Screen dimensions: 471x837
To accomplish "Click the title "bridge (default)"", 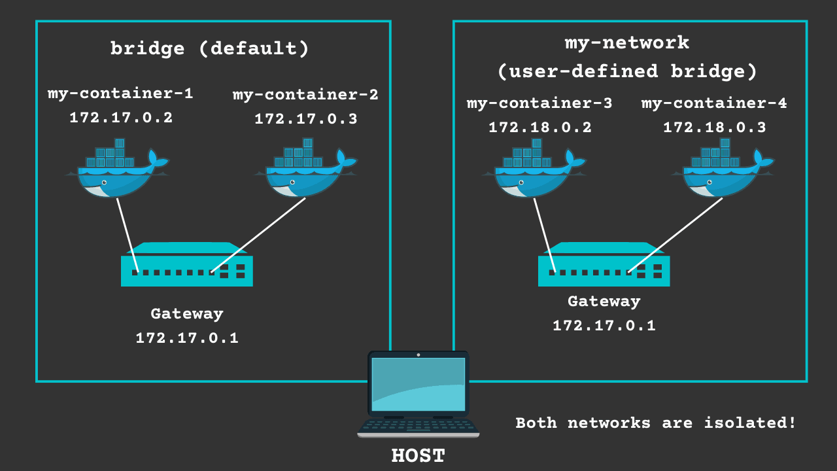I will point(209,49).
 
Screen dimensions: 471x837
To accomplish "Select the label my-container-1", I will point(120,94).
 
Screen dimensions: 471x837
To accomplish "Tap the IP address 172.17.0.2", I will point(121,118).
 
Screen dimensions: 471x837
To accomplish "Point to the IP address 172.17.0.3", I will point(305,119).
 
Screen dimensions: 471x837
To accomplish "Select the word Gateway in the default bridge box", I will point(187,314).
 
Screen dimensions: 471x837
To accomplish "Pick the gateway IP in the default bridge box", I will point(187,338).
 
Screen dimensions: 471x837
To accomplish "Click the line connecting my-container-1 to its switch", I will point(128,234).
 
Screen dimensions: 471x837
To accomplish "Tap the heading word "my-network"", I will point(626,43).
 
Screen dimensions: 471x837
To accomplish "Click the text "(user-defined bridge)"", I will point(626,71).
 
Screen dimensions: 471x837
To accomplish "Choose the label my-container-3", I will point(539,103).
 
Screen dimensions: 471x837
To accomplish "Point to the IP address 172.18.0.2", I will point(539,128).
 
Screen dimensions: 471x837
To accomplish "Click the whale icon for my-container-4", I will point(722,174).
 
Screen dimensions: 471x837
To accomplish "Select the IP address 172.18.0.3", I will point(714,128).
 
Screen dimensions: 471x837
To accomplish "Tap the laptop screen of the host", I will point(418,384).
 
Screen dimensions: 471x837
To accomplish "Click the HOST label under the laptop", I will point(418,455).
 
